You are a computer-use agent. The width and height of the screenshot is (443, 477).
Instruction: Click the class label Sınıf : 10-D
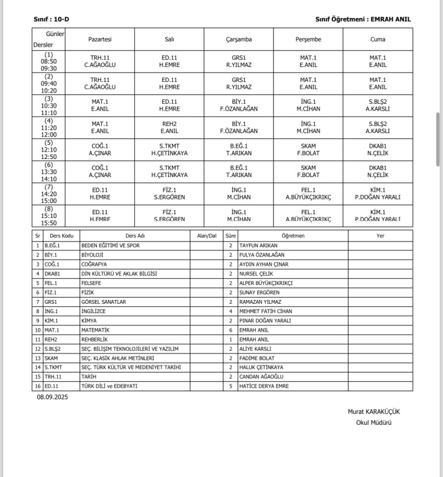click(x=51, y=19)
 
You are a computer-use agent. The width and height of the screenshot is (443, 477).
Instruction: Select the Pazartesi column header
click(x=100, y=39)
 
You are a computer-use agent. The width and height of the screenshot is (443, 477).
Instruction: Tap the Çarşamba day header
click(x=239, y=39)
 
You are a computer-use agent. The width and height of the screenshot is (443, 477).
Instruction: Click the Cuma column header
click(x=377, y=39)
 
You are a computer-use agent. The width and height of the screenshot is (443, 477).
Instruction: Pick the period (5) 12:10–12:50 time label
click(x=49, y=149)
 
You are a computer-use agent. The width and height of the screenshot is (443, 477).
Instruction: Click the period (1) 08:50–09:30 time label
click(x=49, y=61)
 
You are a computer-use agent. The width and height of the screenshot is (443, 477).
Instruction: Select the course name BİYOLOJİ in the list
click(x=92, y=255)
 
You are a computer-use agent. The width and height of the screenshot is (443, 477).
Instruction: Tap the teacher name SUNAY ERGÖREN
click(x=259, y=293)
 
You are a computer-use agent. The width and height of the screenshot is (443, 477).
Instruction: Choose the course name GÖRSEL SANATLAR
click(x=104, y=302)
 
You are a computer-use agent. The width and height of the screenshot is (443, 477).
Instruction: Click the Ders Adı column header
click(x=135, y=235)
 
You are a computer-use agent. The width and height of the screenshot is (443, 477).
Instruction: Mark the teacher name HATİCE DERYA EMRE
click(x=264, y=386)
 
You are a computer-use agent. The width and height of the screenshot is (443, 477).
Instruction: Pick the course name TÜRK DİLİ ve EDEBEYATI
click(x=109, y=386)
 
